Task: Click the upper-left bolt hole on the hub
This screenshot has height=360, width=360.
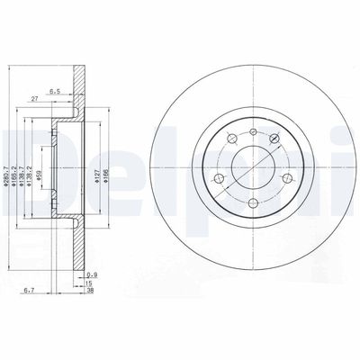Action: pos(230,137)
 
